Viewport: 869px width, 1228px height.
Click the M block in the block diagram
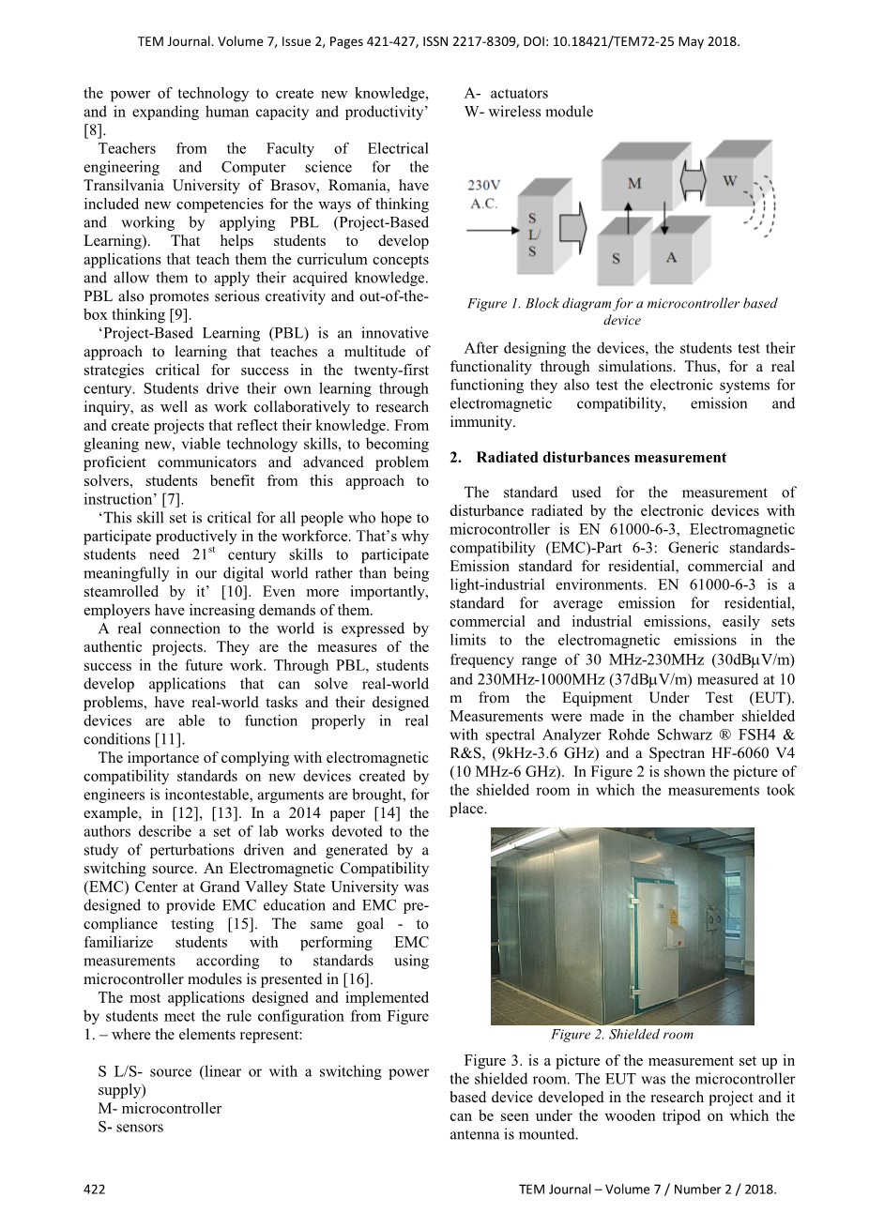(634, 183)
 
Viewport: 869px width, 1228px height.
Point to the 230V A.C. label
(484, 194)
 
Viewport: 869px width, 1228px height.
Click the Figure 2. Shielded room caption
(621, 1035)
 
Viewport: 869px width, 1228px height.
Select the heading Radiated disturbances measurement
(601, 458)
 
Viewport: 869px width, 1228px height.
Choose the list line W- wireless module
(528, 112)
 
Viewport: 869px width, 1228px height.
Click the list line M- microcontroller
(160, 1108)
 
